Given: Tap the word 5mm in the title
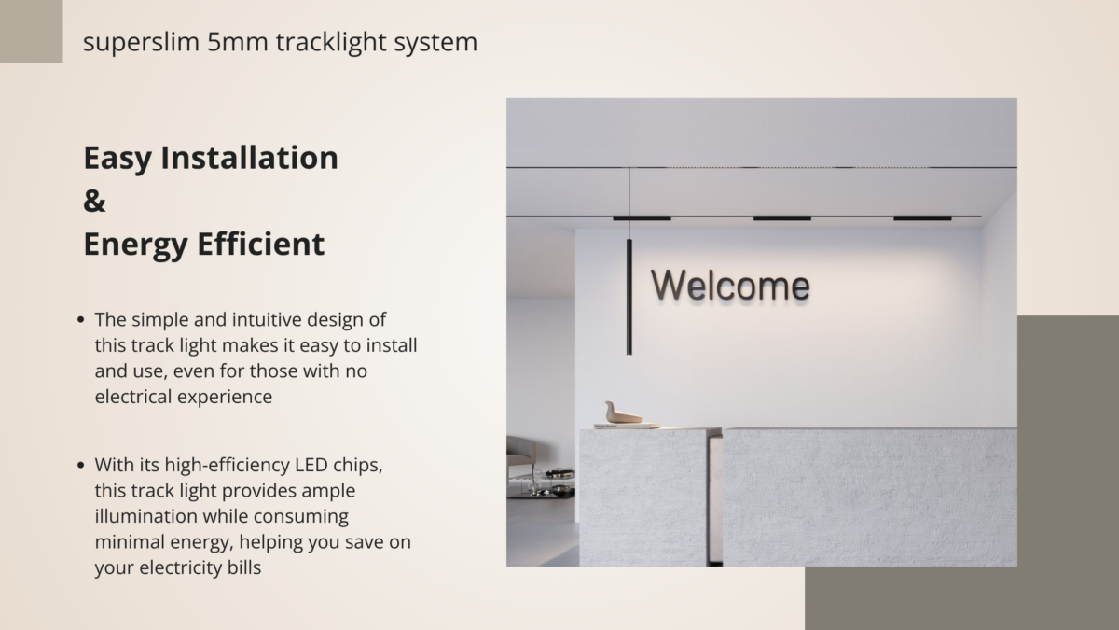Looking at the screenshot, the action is point(237,42).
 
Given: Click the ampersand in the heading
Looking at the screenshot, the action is point(94,201).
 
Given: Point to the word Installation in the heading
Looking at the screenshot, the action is point(249,158).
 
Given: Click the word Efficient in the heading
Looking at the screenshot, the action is point(261,244).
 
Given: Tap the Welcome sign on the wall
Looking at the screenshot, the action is point(730,286).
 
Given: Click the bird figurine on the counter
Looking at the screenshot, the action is point(623,413).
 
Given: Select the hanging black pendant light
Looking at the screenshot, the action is point(629,297).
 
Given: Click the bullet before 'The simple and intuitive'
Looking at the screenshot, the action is point(81,320).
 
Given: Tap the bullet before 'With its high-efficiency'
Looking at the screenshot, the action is point(81,466).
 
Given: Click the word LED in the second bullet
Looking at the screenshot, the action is point(311,465).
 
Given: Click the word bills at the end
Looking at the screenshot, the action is point(244,567).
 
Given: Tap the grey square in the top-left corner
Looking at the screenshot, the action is point(31,31).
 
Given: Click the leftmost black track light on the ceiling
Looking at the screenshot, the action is point(642,218).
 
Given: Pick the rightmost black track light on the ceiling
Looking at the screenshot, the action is point(922,218).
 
